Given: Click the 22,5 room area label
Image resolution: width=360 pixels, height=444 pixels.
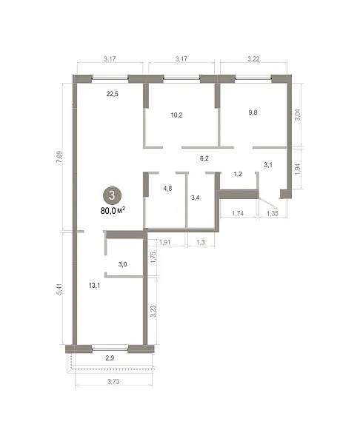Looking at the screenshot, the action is pyautogui.click(x=113, y=94).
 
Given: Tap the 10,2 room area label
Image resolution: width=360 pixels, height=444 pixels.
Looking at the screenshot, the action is pyautogui.click(x=176, y=115).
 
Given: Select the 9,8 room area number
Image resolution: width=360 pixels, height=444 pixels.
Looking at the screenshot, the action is pyautogui.click(x=253, y=112).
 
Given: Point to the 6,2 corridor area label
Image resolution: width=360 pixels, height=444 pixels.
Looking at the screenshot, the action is pyautogui.click(x=204, y=158).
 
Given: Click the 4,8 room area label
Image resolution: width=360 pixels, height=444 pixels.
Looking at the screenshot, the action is pyautogui.click(x=168, y=188).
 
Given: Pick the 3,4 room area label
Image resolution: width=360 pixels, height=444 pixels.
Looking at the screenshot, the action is pyautogui.click(x=196, y=198).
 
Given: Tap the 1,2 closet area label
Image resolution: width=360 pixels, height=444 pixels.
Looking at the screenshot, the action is pyautogui.click(x=238, y=174).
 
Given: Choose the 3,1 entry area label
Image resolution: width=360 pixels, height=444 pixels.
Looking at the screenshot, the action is pyautogui.click(x=268, y=164).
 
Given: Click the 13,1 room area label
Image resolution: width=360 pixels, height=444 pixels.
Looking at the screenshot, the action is pyautogui.click(x=94, y=286).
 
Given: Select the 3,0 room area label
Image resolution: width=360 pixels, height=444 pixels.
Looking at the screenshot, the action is pyautogui.click(x=122, y=264).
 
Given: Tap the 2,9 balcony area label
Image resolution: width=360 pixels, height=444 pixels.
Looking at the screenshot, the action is pyautogui.click(x=110, y=358).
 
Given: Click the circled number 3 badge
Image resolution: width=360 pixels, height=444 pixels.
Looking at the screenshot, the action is pyautogui.click(x=112, y=195).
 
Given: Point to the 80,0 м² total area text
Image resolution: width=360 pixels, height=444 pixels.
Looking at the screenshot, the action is pyautogui.click(x=113, y=211).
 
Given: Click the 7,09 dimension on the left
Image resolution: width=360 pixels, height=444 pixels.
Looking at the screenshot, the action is pyautogui.click(x=59, y=157).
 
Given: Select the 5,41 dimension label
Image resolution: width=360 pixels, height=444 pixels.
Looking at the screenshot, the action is pyautogui.click(x=59, y=289).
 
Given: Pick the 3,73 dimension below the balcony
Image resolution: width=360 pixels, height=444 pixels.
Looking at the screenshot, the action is pyautogui.click(x=113, y=382).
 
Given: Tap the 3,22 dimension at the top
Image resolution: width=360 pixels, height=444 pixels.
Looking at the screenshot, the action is pyautogui.click(x=253, y=59).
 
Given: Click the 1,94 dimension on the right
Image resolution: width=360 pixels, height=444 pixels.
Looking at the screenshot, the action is pyautogui.click(x=297, y=169).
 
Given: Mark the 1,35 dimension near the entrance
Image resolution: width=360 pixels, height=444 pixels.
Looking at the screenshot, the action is pyautogui.click(x=273, y=214).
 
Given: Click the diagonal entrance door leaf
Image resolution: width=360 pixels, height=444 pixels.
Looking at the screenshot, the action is pyautogui.click(x=268, y=203).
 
